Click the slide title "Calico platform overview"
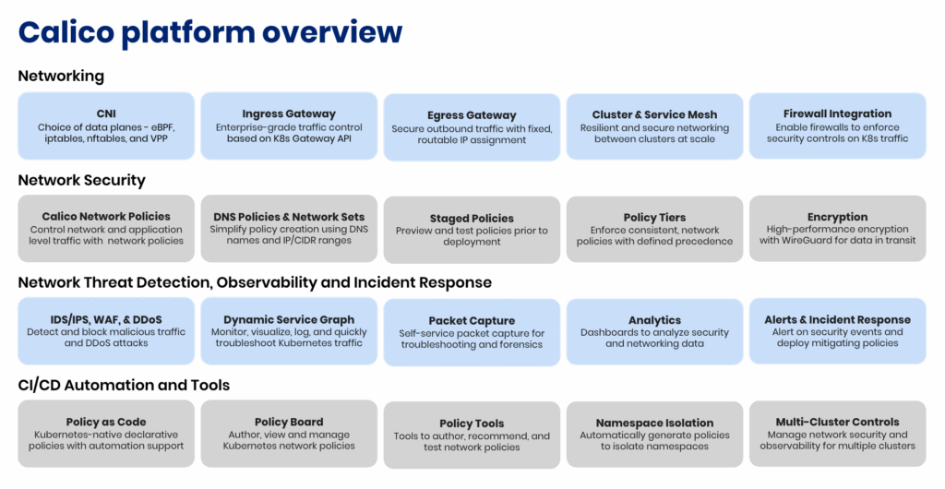click(210, 32)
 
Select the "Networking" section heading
click(61, 77)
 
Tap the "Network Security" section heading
click(81, 180)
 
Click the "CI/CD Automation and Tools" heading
click(124, 386)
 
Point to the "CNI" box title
click(106, 113)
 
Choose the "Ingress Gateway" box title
click(289, 114)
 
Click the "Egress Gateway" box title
click(472, 115)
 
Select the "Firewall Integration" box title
click(837, 113)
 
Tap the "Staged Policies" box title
click(472, 219)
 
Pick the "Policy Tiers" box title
click(654, 218)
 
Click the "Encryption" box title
click(838, 218)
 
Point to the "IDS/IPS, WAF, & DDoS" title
click(106, 320)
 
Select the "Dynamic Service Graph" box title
click(289, 320)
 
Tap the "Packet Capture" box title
click(472, 321)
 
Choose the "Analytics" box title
click(654, 321)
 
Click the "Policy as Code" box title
click(106, 423)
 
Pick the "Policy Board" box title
click(289, 423)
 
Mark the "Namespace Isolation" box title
click(654, 423)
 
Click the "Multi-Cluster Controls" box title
click(837, 423)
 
